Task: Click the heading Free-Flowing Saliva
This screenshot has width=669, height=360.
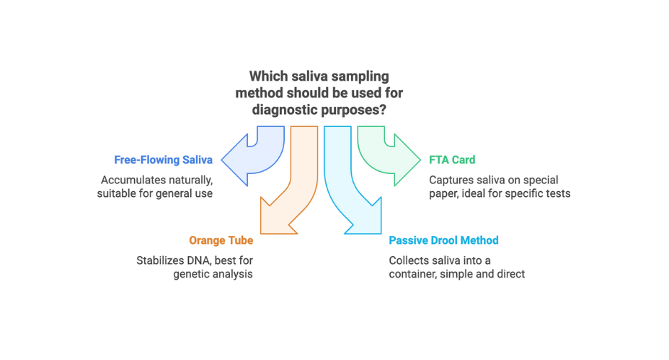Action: click(164, 159)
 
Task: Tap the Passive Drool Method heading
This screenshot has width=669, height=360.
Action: click(443, 240)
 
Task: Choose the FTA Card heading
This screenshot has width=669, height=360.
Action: click(452, 159)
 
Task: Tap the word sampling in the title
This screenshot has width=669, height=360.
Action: click(358, 76)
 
